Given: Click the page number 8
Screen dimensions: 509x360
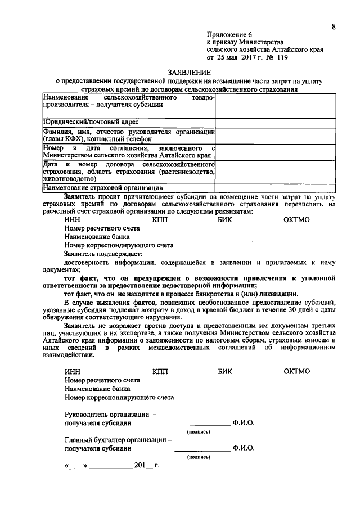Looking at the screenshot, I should pos(334,27).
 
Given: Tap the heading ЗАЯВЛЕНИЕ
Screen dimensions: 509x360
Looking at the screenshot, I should pos(189,73).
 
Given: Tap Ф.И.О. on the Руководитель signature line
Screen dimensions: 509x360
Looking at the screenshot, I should pos(243,423).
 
